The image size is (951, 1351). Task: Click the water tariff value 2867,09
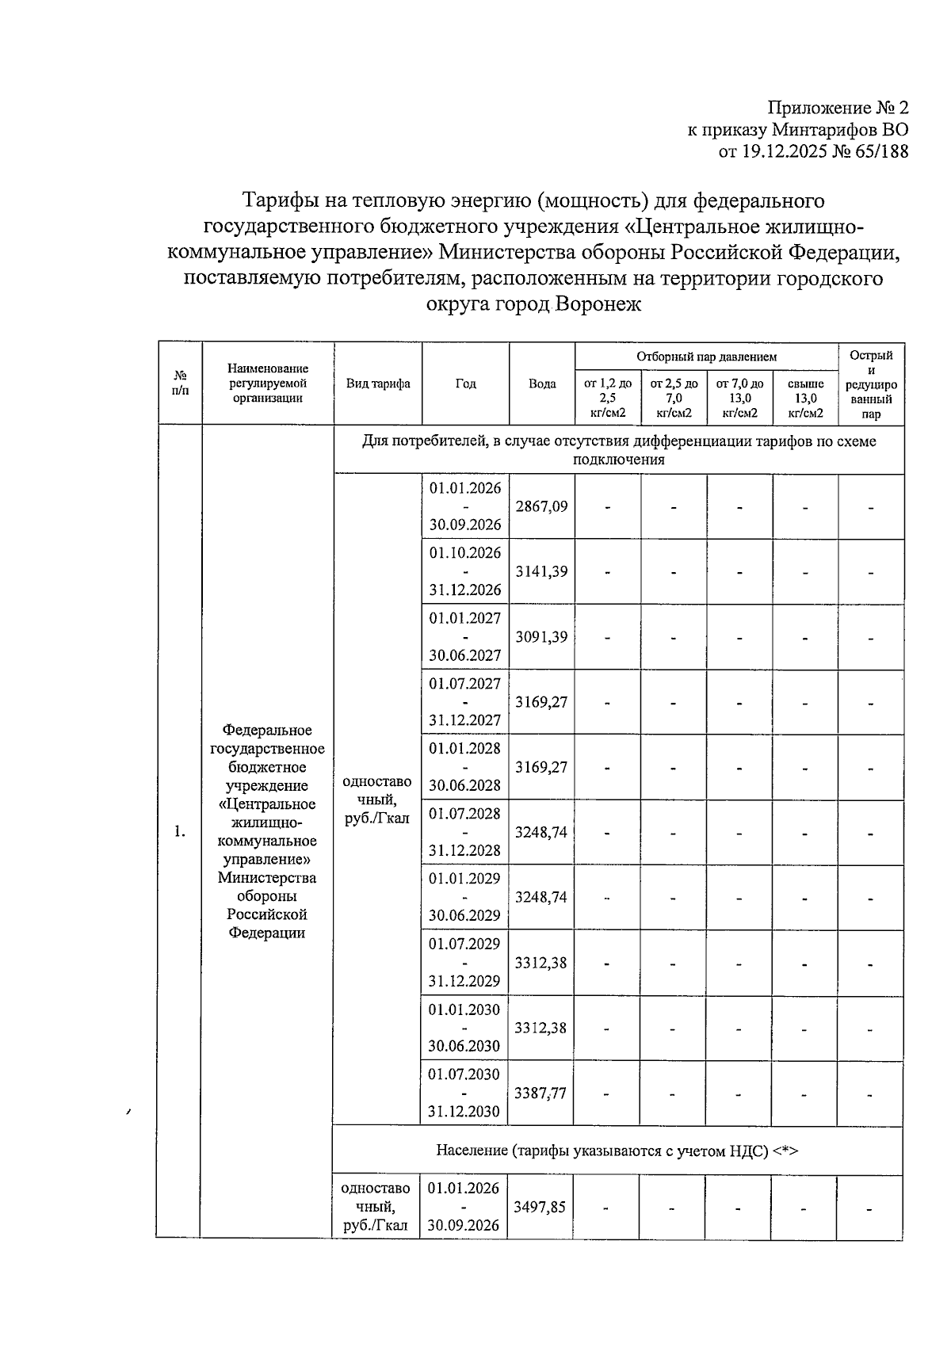pyautogui.click(x=541, y=506)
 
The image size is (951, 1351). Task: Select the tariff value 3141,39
pyautogui.click(x=541, y=571)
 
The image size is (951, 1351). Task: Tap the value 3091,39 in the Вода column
pyautogui.click(x=541, y=636)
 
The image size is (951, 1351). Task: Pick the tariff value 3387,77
pyautogui.click(x=540, y=1093)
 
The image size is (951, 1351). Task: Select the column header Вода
pyautogui.click(x=542, y=384)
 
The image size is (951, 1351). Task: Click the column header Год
pyautogui.click(x=465, y=384)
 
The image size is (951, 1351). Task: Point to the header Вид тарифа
pyautogui.click(x=378, y=384)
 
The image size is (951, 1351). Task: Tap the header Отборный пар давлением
pyautogui.click(x=706, y=357)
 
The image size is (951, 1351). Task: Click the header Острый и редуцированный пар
pyautogui.click(x=871, y=384)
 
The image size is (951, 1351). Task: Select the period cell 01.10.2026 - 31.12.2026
pyautogui.click(x=465, y=571)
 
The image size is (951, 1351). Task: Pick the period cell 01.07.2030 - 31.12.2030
pyautogui.click(x=464, y=1093)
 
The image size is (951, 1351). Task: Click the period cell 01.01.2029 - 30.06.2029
pyautogui.click(x=464, y=897)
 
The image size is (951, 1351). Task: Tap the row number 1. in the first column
pyautogui.click(x=180, y=831)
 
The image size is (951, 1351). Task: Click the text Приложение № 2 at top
pyautogui.click(x=838, y=109)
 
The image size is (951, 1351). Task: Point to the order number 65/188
pyautogui.click(x=880, y=151)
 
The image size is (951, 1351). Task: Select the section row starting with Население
pyautogui.click(x=617, y=1151)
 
